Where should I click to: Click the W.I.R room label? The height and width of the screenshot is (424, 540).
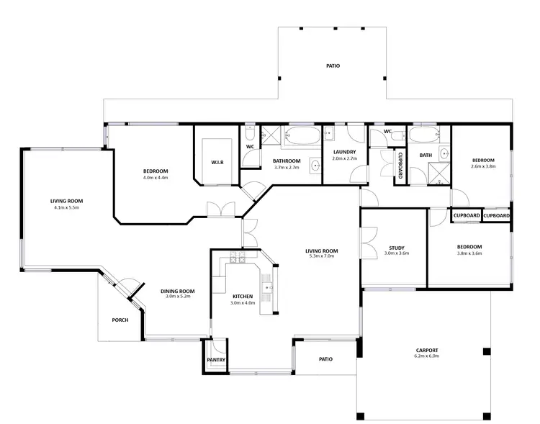[x=217, y=163]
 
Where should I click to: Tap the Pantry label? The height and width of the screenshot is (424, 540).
[x=217, y=359]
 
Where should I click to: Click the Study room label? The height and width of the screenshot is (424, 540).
[x=396, y=247]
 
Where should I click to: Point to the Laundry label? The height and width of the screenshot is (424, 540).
[x=344, y=152]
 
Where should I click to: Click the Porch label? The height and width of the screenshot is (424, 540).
[x=120, y=320]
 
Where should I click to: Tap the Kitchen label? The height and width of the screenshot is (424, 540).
[x=243, y=297]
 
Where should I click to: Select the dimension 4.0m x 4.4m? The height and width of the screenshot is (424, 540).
[x=156, y=177]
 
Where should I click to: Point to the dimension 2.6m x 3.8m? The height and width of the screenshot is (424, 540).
[x=483, y=166]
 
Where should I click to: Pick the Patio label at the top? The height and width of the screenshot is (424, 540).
[x=333, y=66]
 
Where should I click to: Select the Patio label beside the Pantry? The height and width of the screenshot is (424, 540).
[x=325, y=359]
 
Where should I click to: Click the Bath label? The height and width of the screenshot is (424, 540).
[x=426, y=154]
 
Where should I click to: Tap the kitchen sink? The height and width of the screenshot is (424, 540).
[x=271, y=287]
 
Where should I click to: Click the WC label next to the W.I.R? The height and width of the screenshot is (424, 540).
[x=251, y=147]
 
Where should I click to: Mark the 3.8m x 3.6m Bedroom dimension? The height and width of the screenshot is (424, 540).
[x=469, y=253]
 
